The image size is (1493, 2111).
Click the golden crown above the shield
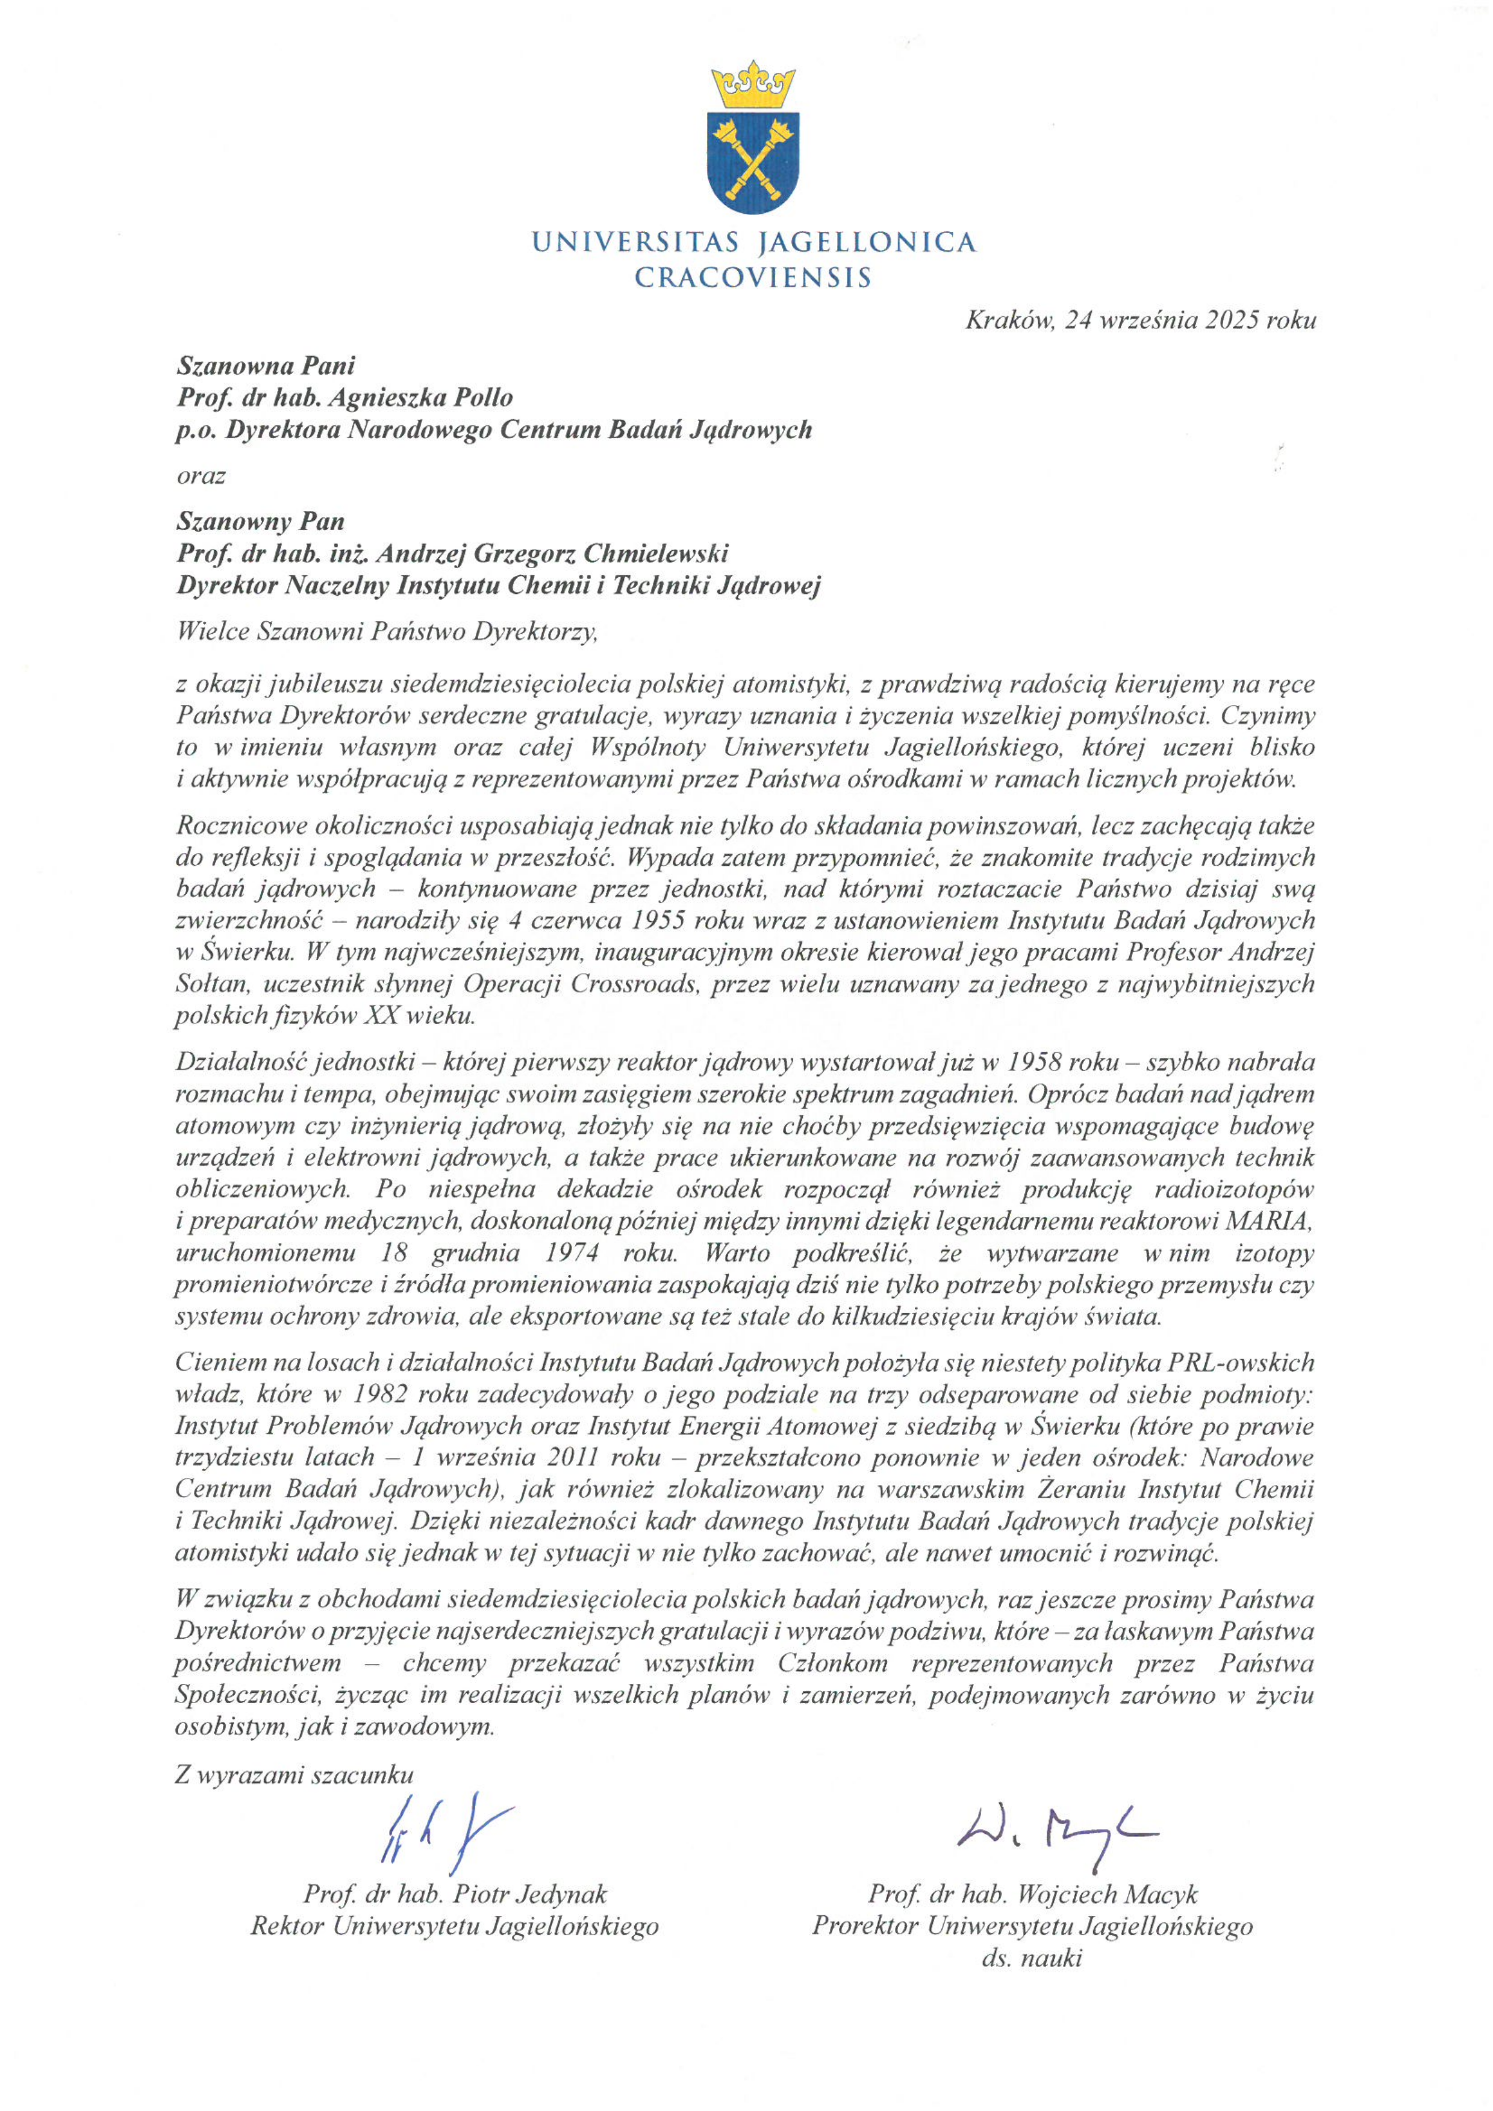[753, 84]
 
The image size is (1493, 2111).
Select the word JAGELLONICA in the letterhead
[865, 243]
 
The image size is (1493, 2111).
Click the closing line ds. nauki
[1032, 1959]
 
